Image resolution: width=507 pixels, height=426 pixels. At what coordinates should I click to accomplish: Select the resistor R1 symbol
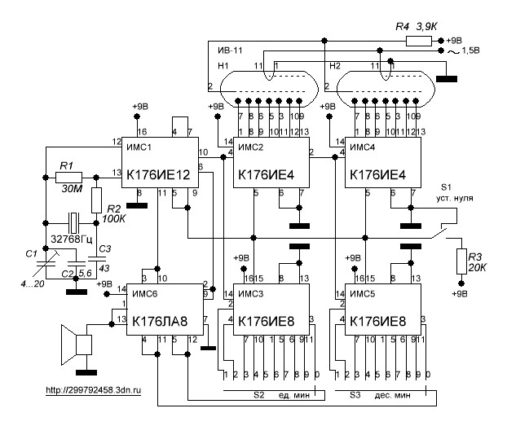(x=69, y=175)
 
